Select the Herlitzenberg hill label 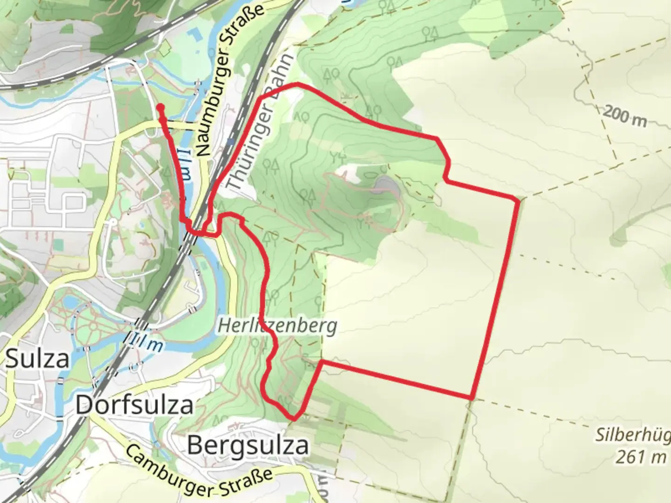277,326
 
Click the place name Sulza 37,359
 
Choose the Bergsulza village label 247,445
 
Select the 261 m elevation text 641,457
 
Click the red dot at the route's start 160,108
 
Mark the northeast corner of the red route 518,200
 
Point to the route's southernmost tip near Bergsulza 294,418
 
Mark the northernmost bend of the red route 297,84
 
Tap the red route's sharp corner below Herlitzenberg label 322,361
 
